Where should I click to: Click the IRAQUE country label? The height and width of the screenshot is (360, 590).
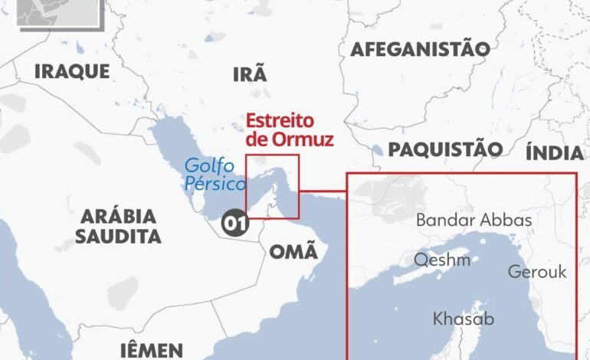pos(72,72)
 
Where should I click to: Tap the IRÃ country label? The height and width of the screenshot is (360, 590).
pos(250,74)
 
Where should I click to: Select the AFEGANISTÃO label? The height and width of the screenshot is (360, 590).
pos(420,50)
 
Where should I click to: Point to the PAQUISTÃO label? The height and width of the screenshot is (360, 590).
pos(445,149)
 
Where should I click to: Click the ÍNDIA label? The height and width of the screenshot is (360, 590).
pos(555,152)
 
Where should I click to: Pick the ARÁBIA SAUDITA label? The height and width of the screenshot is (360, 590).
pos(118,225)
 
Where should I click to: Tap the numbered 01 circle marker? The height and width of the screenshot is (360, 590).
pos(234,223)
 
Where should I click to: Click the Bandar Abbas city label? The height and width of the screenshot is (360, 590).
pos(474,221)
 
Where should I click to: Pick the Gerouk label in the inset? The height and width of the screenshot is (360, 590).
pos(536,272)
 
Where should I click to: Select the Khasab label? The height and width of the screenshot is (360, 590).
pos(464,318)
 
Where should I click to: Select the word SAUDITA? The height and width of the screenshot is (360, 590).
pos(118,236)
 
